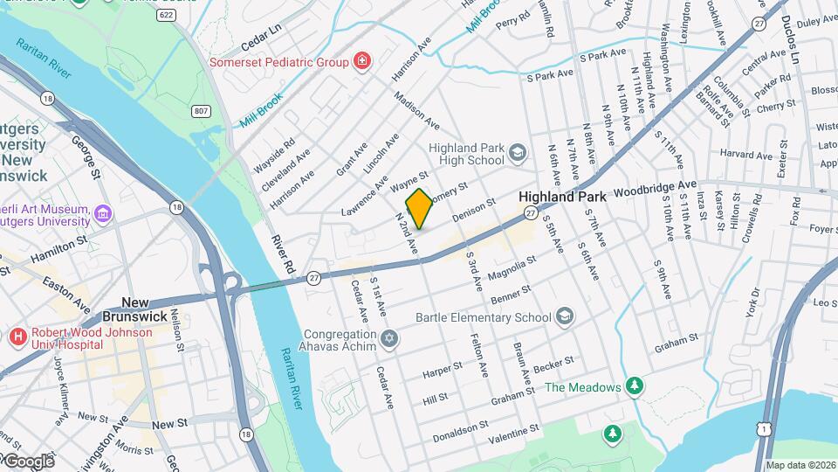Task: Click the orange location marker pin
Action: (x=419, y=209)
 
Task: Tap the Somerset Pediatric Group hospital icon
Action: (x=361, y=61)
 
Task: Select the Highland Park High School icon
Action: (x=518, y=154)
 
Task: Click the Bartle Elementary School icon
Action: (x=565, y=316)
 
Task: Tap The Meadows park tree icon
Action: (x=635, y=386)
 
